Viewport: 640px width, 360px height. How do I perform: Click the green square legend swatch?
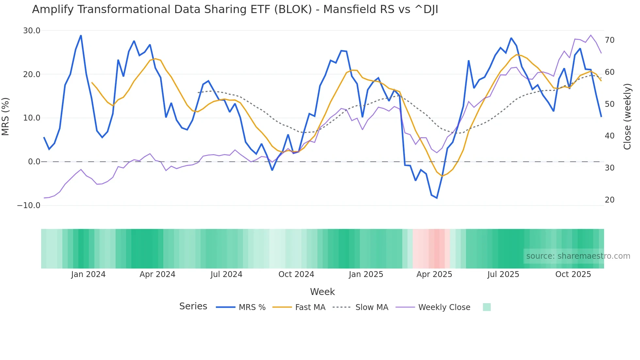(487, 307)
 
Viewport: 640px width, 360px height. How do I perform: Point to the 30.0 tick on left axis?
(32, 31)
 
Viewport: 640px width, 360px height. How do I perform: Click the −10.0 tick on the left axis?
(29, 205)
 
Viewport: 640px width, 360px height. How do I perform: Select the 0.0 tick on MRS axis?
(34, 162)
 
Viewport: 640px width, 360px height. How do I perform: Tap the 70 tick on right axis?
(610, 40)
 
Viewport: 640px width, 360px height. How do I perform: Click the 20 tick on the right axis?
(610, 200)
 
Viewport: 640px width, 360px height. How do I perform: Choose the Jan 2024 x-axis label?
(88, 274)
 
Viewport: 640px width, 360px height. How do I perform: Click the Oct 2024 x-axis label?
(296, 274)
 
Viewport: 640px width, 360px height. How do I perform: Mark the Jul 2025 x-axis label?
(503, 274)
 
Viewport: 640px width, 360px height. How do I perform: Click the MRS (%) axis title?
(6, 117)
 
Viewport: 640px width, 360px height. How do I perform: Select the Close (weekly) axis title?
(627, 117)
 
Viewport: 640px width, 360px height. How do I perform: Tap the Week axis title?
(322, 292)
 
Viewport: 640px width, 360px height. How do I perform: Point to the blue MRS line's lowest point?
(437, 198)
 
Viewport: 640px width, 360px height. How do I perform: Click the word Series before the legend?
(193, 306)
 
